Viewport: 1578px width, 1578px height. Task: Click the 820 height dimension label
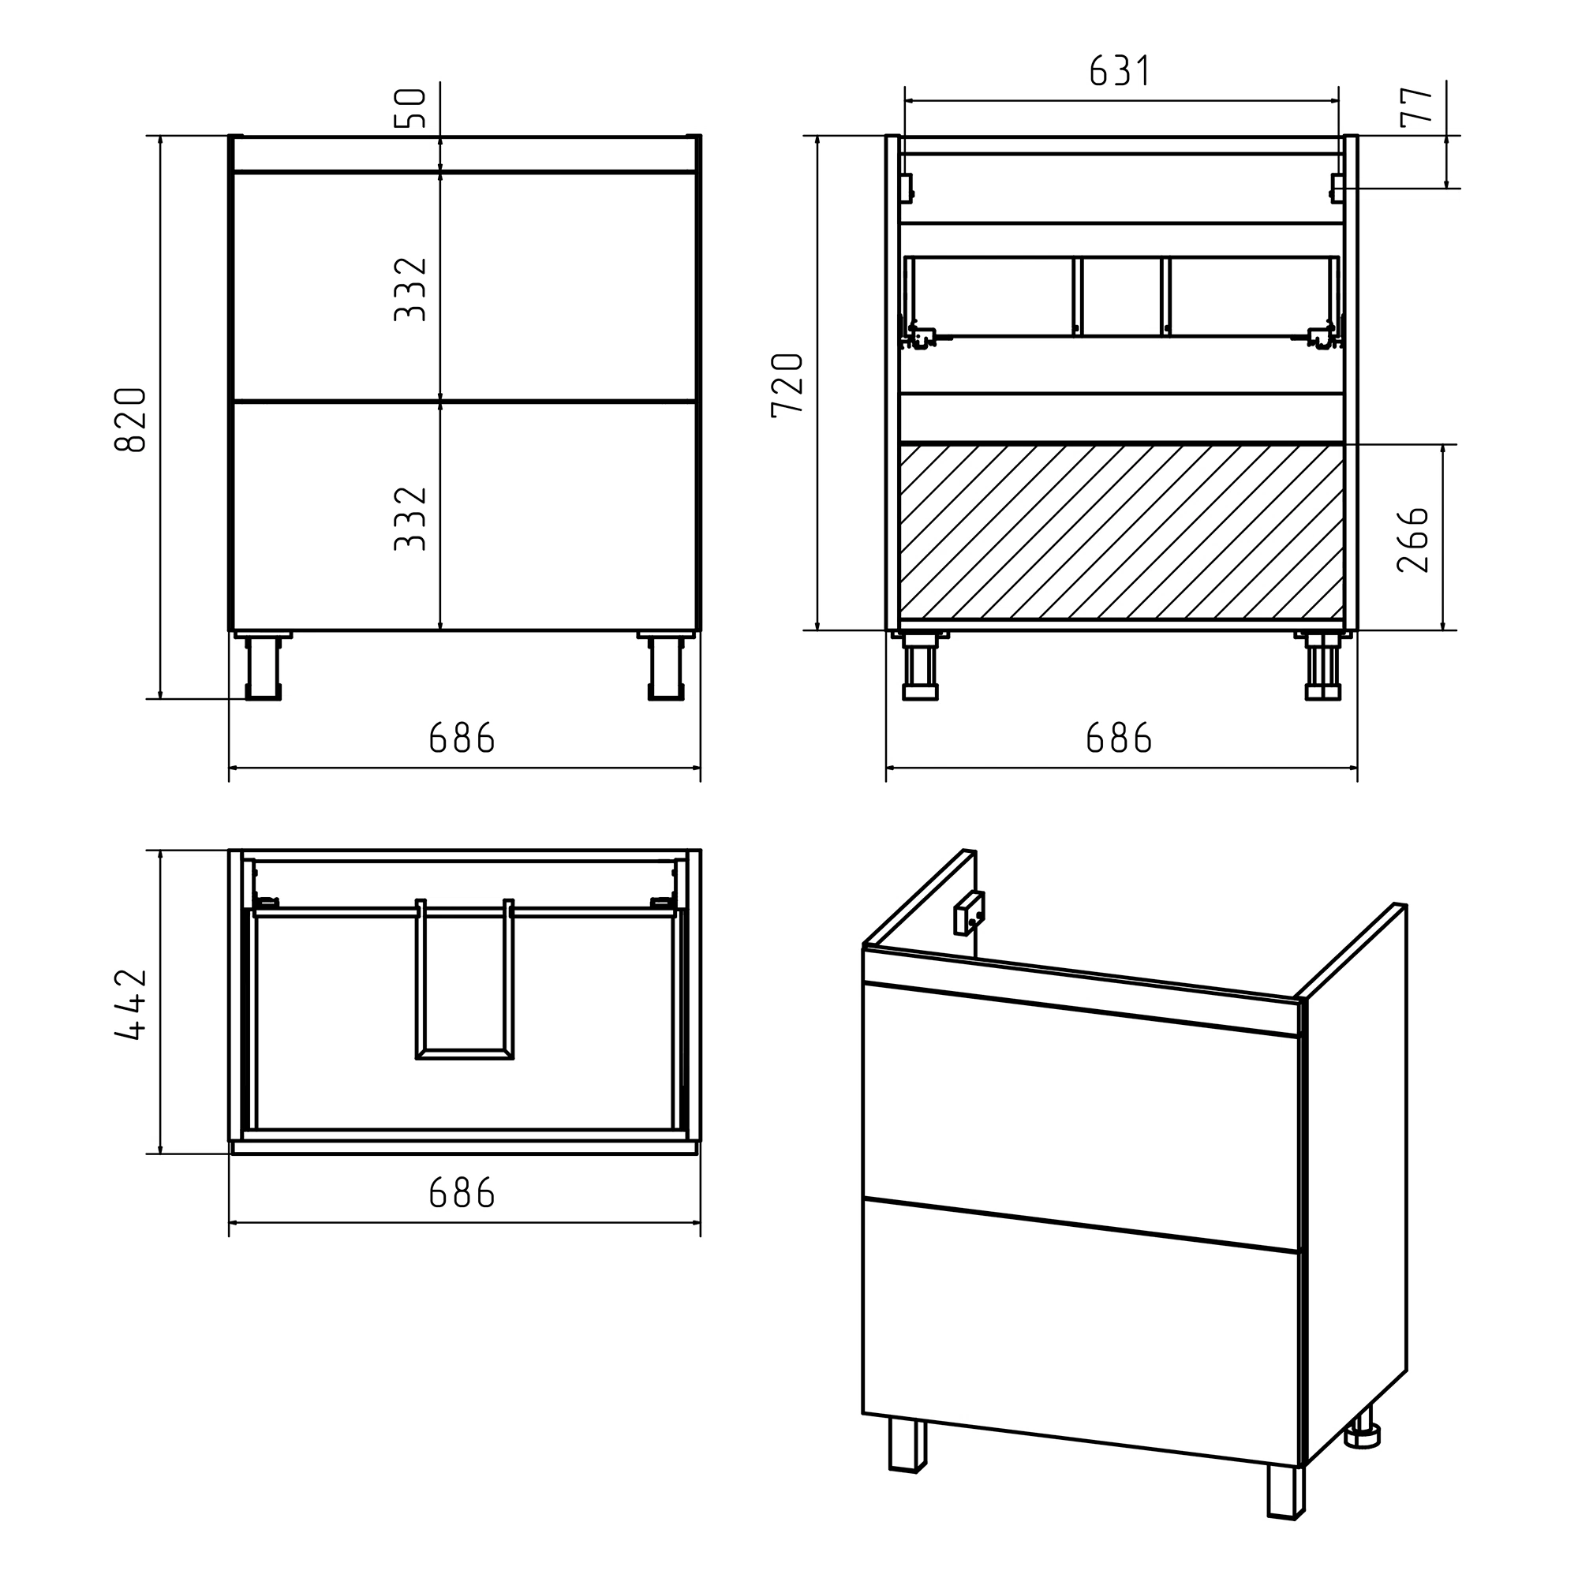pyautogui.click(x=131, y=420)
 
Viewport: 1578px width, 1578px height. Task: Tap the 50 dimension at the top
pyautogui.click(x=411, y=109)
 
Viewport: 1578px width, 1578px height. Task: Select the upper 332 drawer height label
pyautogui.click(x=411, y=289)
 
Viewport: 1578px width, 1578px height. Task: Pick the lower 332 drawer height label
pyautogui.click(x=411, y=518)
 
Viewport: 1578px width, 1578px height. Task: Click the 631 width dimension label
pyautogui.click(x=1120, y=71)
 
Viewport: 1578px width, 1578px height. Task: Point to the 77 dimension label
pyautogui.click(x=1417, y=106)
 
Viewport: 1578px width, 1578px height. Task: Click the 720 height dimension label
pyautogui.click(x=787, y=386)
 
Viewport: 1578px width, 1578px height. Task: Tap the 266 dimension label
pyautogui.click(x=1414, y=540)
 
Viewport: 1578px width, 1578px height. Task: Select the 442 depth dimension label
pyautogui.click(x=131, y=1004)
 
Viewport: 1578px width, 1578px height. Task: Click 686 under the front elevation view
pyautogui.click(x=462, y=739)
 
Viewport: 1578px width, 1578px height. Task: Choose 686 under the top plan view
pyautogui.click(x=462, y=1194)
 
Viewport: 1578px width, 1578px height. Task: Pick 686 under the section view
pyautogui.click(x=1119, y=739)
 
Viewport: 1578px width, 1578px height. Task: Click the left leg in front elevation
pyautogui.click(x=263, y=667)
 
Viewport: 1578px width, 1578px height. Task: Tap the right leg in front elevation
pyautogui.click(x=666, y=667)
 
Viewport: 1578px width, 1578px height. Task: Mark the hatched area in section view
pyautogui.click(x=1121, y=532)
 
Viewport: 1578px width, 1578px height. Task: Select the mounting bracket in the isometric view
pyautogui.click(x=969, y=913)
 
